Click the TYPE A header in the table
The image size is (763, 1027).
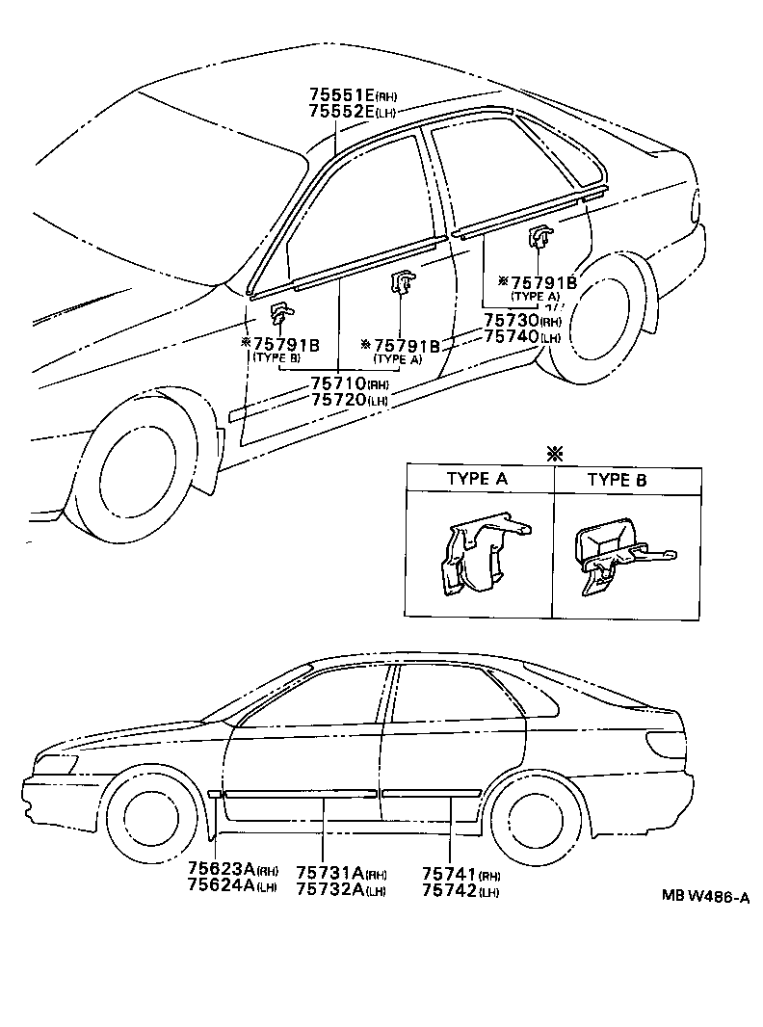[478, 479]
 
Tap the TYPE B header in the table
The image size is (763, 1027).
[623, 479]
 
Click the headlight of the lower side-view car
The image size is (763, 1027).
[56, 764]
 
